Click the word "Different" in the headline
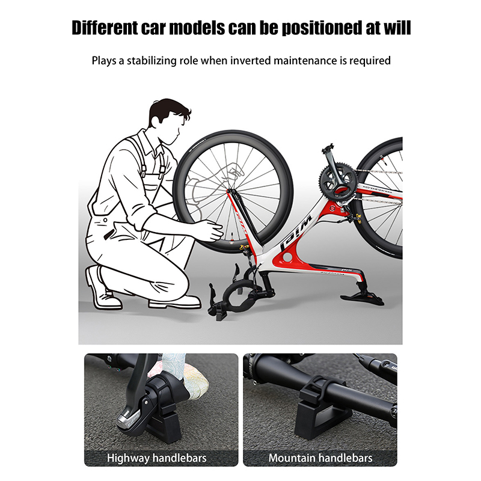point(105,28)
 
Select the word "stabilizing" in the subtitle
point(152,61)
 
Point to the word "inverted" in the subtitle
point(250,61)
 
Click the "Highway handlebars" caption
point(157,458)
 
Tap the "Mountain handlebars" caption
point(320,458)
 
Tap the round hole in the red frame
point(289,257)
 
